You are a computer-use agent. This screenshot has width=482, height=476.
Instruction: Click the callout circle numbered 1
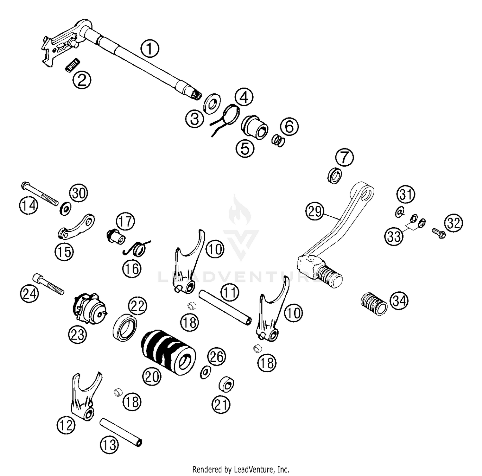click(x=150, y=49)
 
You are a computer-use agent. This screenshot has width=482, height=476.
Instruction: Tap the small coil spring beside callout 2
click(x=72, y=65)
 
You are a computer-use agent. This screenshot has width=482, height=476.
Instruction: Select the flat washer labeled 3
click(x=212, y=103)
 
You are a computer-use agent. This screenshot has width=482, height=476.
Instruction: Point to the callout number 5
click(x=245, y=148)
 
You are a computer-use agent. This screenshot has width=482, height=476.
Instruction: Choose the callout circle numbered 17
click(x=126, y=221)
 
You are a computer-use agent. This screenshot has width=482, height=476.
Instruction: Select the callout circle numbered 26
click(x=217, y=356)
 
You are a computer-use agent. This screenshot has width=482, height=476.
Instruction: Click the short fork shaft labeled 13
click(x=121, y=432)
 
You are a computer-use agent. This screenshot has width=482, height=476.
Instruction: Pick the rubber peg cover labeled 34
click(x=373, y=303)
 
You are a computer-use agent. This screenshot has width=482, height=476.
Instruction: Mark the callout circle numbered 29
click(x=315, y=212)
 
